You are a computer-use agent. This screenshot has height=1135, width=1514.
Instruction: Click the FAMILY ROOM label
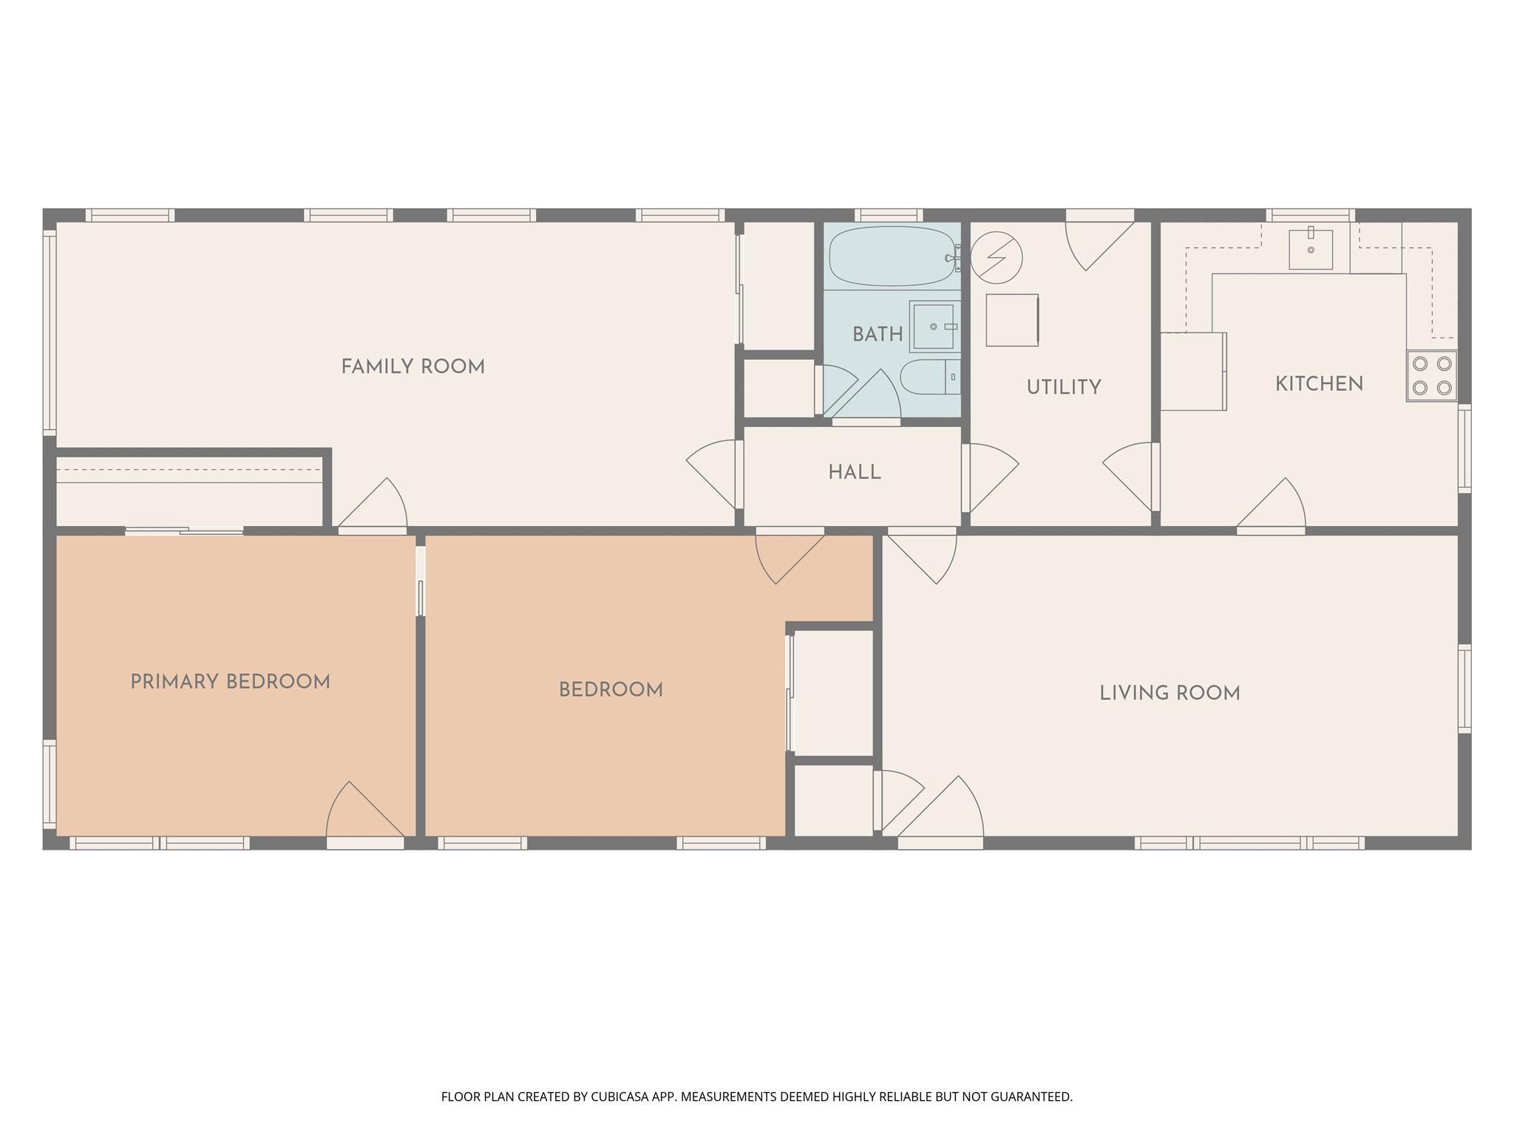(x=413, y=367)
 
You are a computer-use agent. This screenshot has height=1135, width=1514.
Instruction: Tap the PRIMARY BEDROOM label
(x=230, y=682)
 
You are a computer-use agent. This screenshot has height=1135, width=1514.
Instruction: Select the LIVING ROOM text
(x=1170, y=693)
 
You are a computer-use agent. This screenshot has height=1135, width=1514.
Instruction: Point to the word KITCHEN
(x=1319, y=384)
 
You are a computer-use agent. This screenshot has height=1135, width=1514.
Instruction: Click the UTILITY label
(x=1064, y=387)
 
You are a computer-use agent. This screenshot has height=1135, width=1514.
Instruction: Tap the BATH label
(x=877, y=335)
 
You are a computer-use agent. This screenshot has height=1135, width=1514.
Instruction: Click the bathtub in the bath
(x=891, y=256)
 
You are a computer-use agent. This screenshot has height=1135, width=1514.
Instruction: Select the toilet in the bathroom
(x=928, y=378)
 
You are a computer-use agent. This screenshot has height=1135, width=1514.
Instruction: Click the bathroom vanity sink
(x=934, y=326)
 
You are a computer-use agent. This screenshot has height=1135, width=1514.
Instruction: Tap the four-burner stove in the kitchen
(x=1431, y=375)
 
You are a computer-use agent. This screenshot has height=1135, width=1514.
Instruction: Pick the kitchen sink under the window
(x=1311, y=249)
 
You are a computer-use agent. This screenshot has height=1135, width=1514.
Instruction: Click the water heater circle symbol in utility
(x=996, y=258)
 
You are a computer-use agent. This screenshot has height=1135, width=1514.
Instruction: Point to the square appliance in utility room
(x=1012, y=320)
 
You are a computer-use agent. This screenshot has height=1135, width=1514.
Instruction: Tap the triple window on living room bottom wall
(x=1249, y=842)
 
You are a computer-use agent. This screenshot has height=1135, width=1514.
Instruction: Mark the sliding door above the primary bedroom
(x=184, y=531)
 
